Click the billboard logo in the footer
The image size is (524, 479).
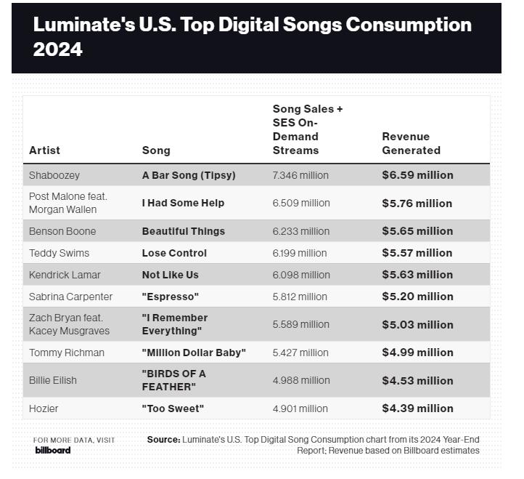[53, 450]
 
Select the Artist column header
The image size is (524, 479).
[44, 150]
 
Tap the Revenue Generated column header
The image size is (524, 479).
[411, 143]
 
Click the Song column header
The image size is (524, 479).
[156, 150]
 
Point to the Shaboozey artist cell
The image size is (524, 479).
[54, 175]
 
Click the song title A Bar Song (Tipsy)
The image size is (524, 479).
[188, 175]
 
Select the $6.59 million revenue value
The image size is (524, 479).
[417, 175]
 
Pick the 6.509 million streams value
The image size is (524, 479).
[300, 203]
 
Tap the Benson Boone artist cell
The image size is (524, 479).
[62, 231]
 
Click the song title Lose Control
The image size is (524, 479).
[174, 253]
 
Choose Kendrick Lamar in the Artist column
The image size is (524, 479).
[65, 275]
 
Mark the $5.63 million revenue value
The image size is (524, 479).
[417, 275]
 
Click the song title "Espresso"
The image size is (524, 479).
[170, 297]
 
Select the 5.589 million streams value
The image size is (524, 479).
[300, 324]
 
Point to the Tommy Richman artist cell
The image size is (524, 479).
[67, 353]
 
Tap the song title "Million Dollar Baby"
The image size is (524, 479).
[194, 353]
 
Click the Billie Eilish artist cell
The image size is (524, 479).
[53, 380]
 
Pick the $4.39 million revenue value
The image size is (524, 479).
[417, 408]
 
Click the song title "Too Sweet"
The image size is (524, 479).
[173, 408]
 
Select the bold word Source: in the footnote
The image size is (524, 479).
[163, 440]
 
